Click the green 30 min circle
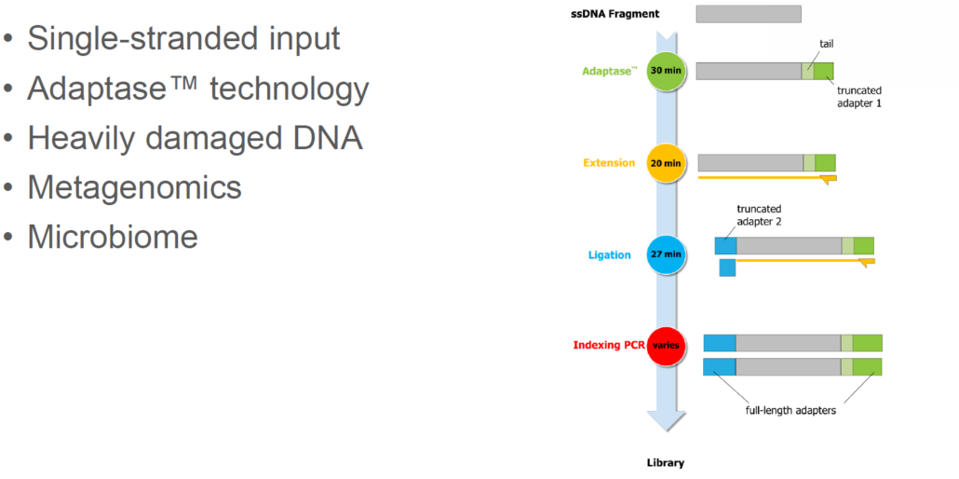pos(665,71)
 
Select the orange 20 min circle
pos(665,163)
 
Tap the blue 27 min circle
pos(665,254)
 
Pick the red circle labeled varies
pos(665,345)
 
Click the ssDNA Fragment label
pos(615,13)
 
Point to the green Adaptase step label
pos(609,71)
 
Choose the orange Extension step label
pos(609,163)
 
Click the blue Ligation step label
pos(609,254)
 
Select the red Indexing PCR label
pos(607,345)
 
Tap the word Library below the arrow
pos(665,462)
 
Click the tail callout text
pos(827,44)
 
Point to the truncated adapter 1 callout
pos(858,97)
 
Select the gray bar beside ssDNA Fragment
pos(748,13)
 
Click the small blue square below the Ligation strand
pos(727,267)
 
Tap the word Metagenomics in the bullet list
pos(134,187)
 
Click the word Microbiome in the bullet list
pos(113,236)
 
